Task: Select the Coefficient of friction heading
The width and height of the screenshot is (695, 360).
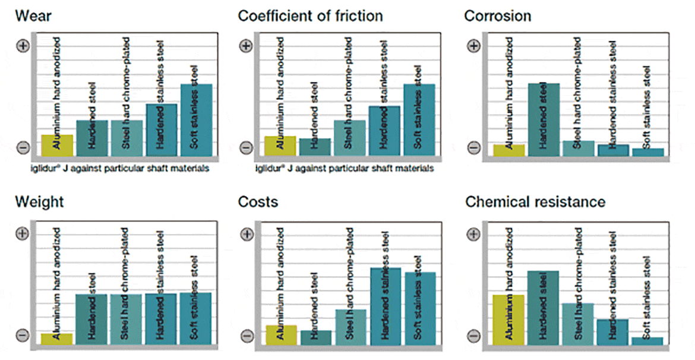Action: click(x=311, y=15)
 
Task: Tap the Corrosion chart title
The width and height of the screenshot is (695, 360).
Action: click(x=498, y=15)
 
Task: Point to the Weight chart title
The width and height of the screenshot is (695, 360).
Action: click(x=40, y=202)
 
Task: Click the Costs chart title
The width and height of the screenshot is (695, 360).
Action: click(x=258, y=202)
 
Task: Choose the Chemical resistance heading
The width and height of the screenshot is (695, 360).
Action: click(x=535, y=202)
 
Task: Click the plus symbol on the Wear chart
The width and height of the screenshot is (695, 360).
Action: click(x=22, y=46)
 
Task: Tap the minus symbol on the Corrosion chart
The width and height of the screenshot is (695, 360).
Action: click(x=473, y=147)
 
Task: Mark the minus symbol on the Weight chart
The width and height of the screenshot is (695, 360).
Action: click(x=22, y=335)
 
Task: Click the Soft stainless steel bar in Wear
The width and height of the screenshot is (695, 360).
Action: click(x=196, y=119)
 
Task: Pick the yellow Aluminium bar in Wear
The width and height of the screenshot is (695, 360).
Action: click(x=58, y=145)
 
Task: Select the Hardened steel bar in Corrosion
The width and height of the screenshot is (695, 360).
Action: click(x=544, y=119)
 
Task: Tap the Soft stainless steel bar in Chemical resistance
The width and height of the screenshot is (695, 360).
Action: click(x=647, y=340)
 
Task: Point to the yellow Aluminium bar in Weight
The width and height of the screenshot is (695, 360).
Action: click(x=58, y=338)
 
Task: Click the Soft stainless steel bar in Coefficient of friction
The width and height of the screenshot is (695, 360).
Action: click(x=419, y=119)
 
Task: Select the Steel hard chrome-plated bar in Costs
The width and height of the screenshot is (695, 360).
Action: click(x=351, y=327)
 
